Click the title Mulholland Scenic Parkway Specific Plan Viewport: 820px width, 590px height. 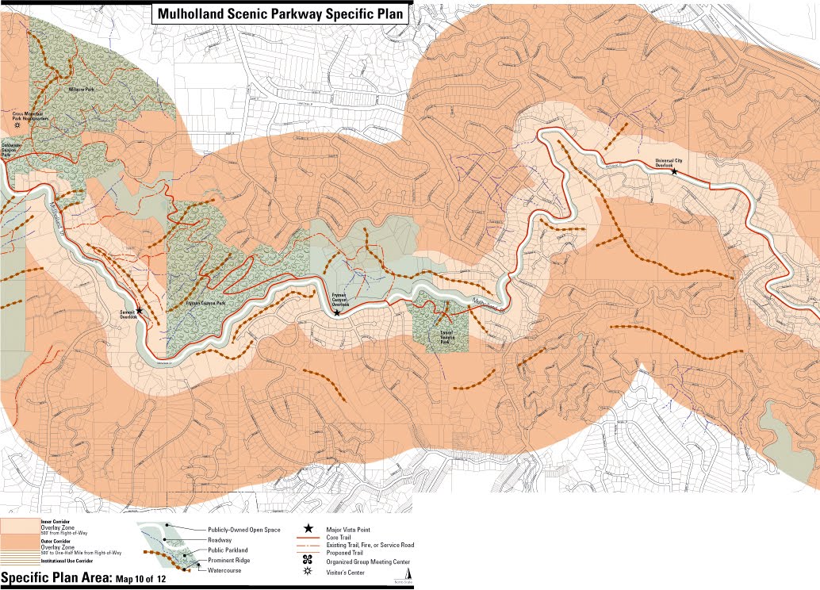[280, 13]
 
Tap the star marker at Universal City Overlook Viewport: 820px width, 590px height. [674, 171]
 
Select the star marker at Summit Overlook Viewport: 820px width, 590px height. [140, 311]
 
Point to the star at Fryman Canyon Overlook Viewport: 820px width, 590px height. [337, 313]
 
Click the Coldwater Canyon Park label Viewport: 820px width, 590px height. [12, 151]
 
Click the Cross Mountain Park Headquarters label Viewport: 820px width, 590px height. [31, 116]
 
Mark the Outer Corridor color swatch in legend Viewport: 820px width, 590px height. [20, 547]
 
